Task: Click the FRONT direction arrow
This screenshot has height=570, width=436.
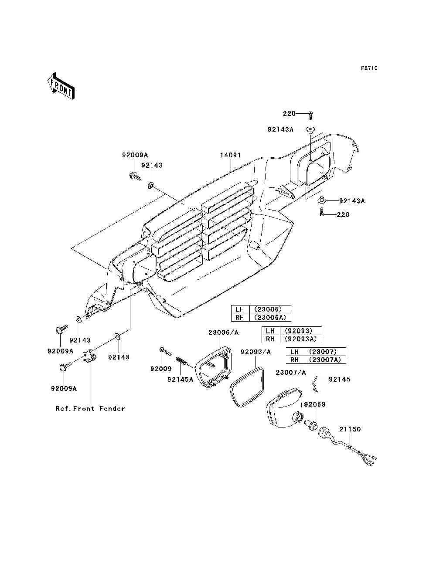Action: tap(61, 86)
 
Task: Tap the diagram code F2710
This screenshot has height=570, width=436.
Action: tap(369, 68)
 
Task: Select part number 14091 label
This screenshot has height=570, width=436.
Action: tap(231, 155)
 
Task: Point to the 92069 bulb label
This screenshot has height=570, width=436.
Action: tap(315, 404)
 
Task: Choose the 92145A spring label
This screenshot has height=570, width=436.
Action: tap(181, 380)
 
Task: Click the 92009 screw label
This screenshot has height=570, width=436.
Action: tap(161, 369)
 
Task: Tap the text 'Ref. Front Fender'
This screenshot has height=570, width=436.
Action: tap(90, 408)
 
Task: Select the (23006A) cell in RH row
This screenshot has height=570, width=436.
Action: tap(270, 317)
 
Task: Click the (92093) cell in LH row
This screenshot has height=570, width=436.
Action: tap(298, 331)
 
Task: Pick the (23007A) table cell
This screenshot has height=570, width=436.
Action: tap(325, 360)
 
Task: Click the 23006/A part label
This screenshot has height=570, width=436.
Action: tap(224, 332)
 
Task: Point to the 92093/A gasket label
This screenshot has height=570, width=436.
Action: tap(255, 352)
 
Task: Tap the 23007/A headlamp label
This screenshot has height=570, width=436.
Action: tap(291, 373)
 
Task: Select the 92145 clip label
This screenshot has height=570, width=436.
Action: tap(339, 379)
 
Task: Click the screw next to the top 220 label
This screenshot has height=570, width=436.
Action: tap(310, 115)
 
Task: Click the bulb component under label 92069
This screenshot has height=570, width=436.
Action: tap(311, 425)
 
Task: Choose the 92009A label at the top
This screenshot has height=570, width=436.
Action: tap(135, 155)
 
